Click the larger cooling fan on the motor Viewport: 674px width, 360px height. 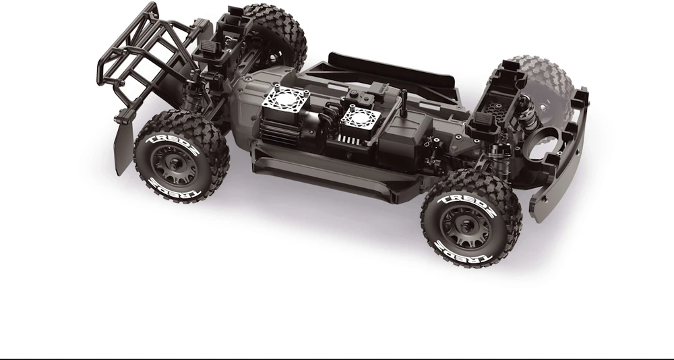click(x=284, y=99)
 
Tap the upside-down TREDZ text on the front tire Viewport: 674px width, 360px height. click(x=462, y=251)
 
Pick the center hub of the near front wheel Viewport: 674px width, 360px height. click(x=466, y=227)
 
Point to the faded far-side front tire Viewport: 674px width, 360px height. click(x=542, y=86)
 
